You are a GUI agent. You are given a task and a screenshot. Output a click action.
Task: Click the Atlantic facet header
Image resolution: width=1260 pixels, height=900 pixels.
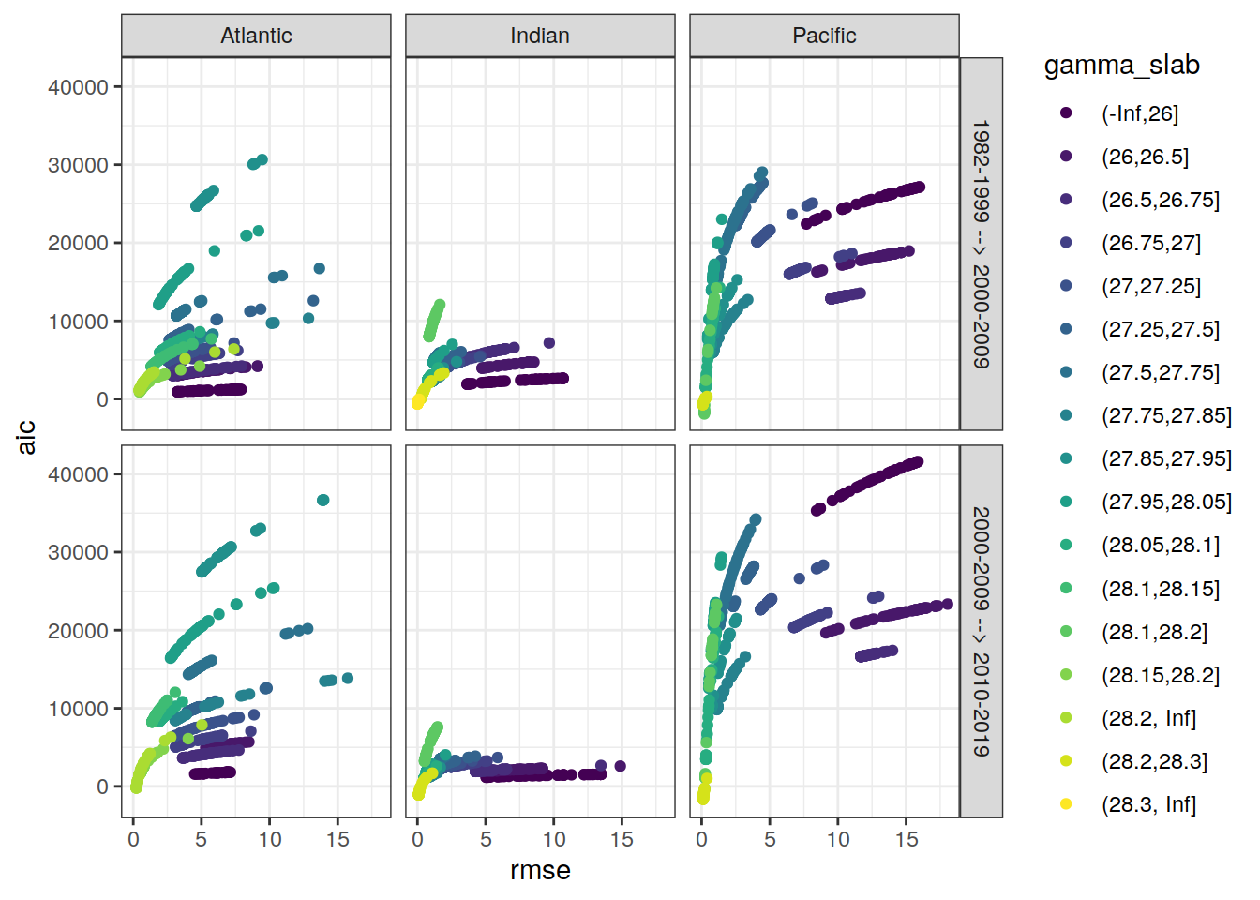pyautogui.click(x=256, y=36)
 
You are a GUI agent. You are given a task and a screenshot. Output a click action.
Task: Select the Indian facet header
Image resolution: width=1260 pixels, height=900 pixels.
pyautogui.click(x=540, y=36)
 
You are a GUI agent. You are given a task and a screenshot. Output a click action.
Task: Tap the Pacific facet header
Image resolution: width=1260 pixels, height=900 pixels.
pyautogui.click(x=824, y=36)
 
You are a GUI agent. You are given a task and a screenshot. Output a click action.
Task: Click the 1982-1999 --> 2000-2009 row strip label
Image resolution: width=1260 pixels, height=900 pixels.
pyautogui.click(x=981, y=244)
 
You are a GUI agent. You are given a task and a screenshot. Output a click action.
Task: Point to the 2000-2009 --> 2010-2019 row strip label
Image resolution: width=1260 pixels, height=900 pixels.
pyautogui.click(x=981, y=631)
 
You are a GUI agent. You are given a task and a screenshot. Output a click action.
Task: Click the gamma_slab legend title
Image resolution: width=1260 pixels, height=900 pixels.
pyautogui.click(x=1121, y=66)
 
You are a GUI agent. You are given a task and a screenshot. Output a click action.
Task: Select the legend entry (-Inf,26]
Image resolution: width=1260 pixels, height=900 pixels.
pyautogui.click(x=1139, y=113)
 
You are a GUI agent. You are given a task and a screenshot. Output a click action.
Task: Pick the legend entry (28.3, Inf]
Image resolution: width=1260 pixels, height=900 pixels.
pyautogui.click(x=1148, y=804)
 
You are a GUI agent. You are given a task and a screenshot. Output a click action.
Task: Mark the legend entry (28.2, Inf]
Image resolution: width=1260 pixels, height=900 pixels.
pyautogui.click(x=1148, y=718)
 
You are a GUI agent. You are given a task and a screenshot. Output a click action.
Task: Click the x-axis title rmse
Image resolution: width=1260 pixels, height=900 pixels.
pyautogui.click(x=540, y=871)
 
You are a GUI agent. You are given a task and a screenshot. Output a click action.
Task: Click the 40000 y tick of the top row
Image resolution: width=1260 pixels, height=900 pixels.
pyautogui.click(x=78, y=87)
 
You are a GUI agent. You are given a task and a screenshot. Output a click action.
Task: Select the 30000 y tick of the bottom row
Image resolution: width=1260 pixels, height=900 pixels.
pyautogui.click(x=78, y=553)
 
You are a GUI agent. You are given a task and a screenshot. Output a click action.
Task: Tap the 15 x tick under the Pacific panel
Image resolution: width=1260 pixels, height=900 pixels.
pyautogui.click(x=907, y=840)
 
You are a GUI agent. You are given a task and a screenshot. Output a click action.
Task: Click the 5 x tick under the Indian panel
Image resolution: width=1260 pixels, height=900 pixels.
pyautogui.click(x=486, y=840)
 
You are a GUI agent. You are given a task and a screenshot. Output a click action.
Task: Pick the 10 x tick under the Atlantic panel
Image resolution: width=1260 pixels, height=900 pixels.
pyautogui.click(x=270, y=840)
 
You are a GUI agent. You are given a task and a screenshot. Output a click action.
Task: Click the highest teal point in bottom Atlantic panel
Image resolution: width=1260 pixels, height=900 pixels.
pyautogui.click(x=323, y=501)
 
